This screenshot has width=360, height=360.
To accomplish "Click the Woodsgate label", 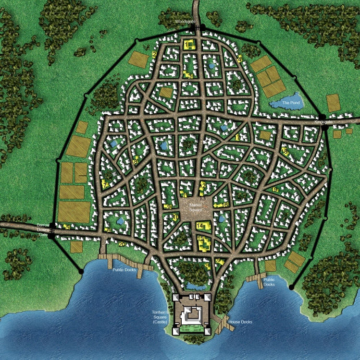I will click(185, 22).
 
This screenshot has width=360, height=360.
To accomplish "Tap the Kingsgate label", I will click(323, 122).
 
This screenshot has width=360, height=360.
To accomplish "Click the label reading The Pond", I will click(290, 103).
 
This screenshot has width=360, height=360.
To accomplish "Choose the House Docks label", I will click(240, 322).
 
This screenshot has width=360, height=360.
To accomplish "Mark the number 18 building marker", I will click(285, 152).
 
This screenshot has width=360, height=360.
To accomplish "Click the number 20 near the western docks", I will click(122, 244).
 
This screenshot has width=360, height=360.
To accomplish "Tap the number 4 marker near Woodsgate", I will click(239, 59).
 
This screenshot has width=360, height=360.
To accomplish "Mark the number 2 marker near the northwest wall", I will click(154, 55).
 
